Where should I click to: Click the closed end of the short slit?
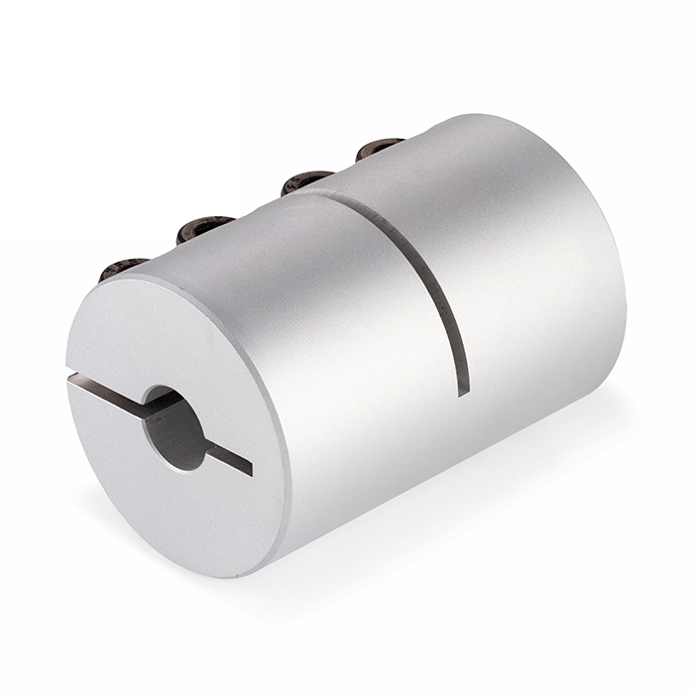[249, 467]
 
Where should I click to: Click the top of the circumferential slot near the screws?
[327, 196]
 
